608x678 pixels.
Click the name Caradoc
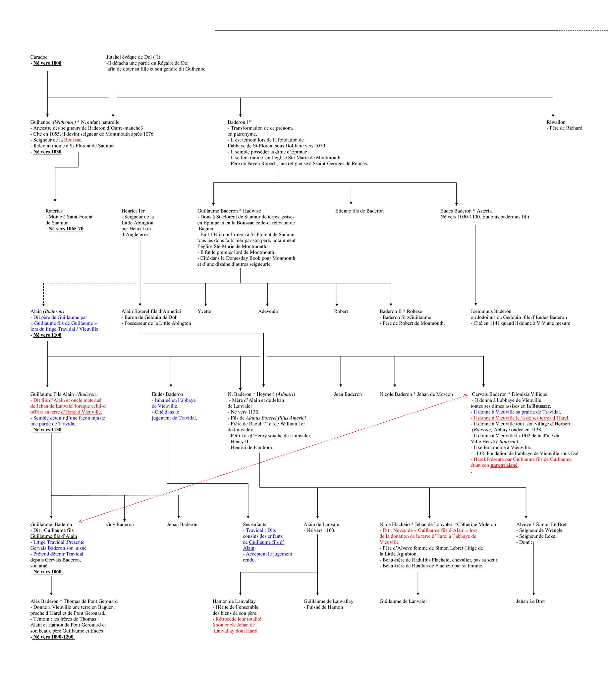(x=39, y=57)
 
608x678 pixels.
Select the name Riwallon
(x=556, y=122)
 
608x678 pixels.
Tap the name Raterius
(x=54, y=211)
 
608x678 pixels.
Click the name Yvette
(x=204, y=312)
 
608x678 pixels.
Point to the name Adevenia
(x=268, y=312)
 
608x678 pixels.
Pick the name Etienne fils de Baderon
(x=359, y=211)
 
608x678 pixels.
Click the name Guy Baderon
(x=120, y=524)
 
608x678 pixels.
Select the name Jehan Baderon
(x=182, y=524)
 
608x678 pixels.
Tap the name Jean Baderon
(x=348, y=394)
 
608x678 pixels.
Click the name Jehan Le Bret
(x=530, y=601)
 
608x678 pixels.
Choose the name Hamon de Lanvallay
(x=234, y=601)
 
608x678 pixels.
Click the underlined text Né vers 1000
(x=47, y=63)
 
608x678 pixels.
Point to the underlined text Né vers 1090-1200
(x=53, y=637)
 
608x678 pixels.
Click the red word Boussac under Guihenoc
(x=73, y=140)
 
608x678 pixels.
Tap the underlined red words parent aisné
(x=504, y=465)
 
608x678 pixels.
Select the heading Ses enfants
(x=254, y=524)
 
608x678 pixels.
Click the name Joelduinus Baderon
(x=491, y=312)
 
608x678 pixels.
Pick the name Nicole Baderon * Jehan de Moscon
(x=416, y=394)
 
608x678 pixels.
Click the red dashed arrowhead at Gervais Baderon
(x=467, y=395)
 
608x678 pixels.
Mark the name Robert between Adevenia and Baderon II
(x=341, y=312)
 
